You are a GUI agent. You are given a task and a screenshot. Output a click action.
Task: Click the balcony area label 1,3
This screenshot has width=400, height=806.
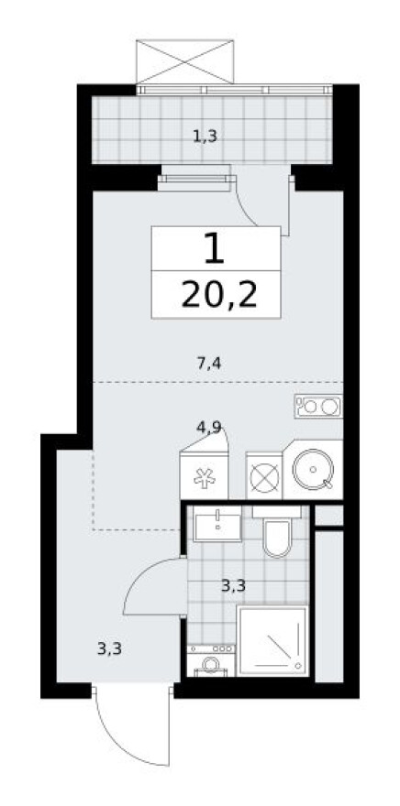[x=205, y=137]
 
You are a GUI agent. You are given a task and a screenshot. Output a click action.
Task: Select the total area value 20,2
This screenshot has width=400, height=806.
[x=216, y=295]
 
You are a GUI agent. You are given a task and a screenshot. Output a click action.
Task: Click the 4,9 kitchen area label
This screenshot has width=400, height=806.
[x=207, y=426]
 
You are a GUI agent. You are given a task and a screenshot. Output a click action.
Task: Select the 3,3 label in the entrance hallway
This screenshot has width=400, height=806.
[x=110, y=649]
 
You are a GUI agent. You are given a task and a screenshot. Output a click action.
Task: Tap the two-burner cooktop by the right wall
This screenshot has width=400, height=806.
[x=318, y=404]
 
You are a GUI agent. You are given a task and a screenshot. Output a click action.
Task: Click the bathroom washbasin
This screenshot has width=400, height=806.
[x=216, y=525]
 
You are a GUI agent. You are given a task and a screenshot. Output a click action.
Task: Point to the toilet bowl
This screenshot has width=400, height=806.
[x=277, y=538]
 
